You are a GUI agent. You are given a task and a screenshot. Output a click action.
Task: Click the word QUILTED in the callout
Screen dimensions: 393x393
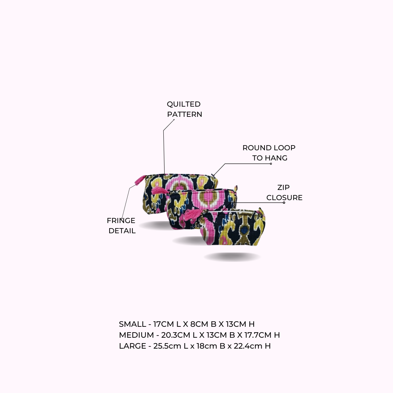pos(184,104)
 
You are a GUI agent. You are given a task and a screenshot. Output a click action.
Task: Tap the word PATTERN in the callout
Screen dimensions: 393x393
pos(185,114)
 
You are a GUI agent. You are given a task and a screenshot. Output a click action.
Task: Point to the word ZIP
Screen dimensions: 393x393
pos(283,187)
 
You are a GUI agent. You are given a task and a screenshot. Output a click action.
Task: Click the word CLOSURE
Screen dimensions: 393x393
pos(285,198)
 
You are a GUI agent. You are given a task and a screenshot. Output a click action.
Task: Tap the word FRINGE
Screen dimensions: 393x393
pos(121,221)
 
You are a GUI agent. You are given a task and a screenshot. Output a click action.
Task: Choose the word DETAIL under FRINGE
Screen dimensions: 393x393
pos(122,231)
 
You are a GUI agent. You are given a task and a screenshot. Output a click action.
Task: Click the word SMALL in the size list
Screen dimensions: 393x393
pos(132,324)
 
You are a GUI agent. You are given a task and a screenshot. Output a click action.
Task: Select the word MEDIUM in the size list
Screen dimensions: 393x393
pos(136,335)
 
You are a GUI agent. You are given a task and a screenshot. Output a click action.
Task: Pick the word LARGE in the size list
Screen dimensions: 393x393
pos(132,346)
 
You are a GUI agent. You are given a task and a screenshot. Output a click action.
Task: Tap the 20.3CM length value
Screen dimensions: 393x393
pos(175,335)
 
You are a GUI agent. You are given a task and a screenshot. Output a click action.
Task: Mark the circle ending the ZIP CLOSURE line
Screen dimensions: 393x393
pos(284,203)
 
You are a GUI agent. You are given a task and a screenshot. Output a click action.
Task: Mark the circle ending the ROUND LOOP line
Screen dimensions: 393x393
pos(271,164)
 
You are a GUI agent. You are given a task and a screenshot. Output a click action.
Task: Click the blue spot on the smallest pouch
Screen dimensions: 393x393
pos(245,229)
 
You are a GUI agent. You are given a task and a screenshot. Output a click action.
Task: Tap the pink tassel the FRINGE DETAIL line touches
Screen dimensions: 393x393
pos(140,180)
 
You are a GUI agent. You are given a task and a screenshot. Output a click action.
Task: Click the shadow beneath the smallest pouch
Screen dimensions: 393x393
pos(232,257)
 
